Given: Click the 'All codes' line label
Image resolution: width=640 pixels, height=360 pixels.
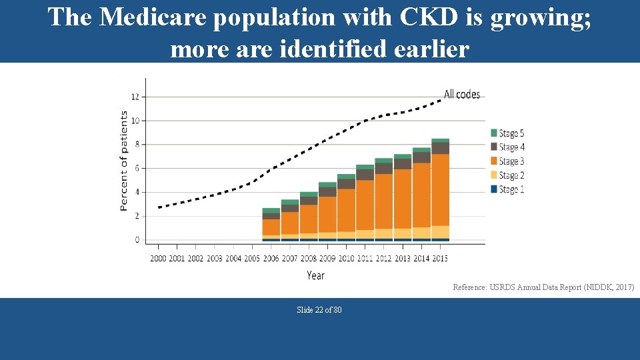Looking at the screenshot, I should [461, 95].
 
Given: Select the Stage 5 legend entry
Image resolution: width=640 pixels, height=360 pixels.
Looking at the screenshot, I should [507, 133].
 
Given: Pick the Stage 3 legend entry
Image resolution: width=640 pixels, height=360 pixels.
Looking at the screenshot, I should [507, 161].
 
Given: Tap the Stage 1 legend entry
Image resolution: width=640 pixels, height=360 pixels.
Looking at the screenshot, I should [507, 189].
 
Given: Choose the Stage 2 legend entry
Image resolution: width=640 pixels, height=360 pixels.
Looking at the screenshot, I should [507, 175].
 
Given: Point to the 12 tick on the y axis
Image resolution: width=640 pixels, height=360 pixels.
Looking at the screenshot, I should [135, 97].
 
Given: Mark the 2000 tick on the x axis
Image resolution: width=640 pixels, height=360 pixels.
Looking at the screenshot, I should [159, 258].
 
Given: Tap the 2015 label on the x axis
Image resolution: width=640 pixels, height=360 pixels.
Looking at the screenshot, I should [440, 258].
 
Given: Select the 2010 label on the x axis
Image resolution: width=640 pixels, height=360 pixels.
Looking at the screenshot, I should [346, 258].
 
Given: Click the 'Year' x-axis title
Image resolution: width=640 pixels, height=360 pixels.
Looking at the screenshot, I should [315, 275].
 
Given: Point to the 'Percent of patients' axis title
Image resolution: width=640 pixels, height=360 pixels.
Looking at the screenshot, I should [124, 161].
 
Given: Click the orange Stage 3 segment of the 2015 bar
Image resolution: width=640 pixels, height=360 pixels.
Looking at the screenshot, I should [440, 190].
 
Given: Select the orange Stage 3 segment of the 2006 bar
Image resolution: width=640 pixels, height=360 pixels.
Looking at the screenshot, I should [271, 227].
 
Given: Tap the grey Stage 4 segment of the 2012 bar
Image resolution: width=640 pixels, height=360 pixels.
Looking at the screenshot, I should [383, 168].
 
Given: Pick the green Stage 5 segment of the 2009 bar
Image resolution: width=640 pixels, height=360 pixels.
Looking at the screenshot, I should [327, 185].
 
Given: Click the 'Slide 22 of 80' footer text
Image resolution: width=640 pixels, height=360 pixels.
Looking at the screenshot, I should [319, 310].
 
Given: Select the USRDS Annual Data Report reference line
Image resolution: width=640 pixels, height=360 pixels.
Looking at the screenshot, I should [543, 287].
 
